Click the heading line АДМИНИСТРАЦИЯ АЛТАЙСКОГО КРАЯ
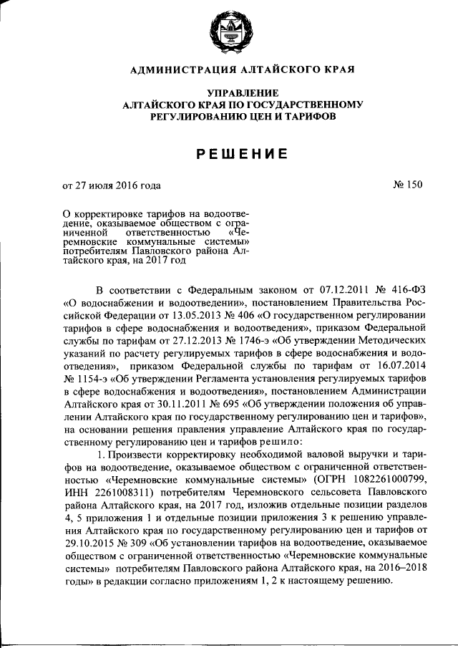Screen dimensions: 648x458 [x=242, y=69]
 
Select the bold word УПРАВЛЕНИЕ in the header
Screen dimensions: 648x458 [x=243, y=93]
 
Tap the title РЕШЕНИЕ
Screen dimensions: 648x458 [x=243, y=153]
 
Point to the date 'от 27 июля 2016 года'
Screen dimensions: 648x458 [x=112, y=185]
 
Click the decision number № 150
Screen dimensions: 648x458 [x=408, y=185]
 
